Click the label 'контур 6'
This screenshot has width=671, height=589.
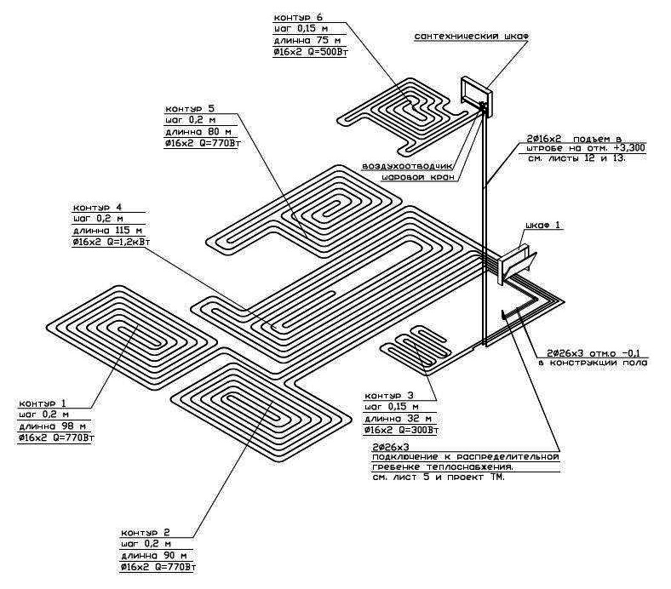[x=297, y=17]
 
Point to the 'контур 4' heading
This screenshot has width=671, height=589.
[x=97, y=207]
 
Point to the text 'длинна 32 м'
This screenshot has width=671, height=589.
[x=397, y=420]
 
